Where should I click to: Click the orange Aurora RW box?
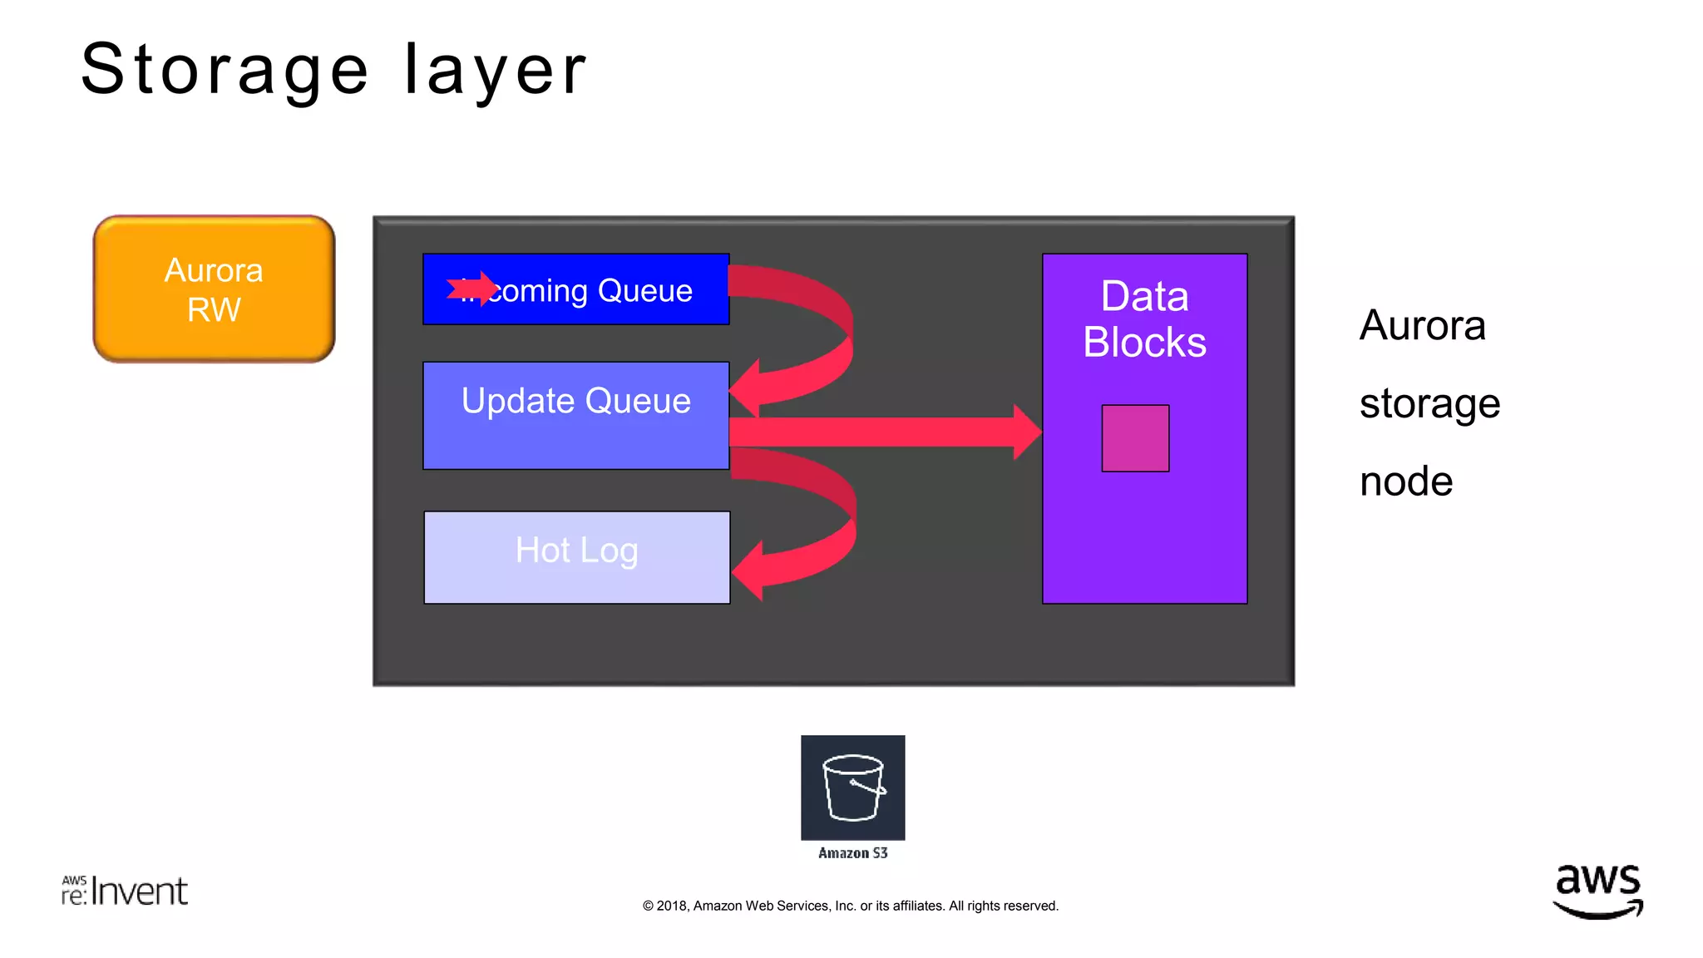point(214,289)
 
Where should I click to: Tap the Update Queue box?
point(575,415)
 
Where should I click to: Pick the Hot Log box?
point(576,556)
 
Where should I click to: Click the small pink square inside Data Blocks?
point(1135,438)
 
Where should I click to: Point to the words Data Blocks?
point(1144,319)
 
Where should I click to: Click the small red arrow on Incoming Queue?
point(471,289)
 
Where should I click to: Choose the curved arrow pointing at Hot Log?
point(823,524)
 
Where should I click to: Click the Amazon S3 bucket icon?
point(852,787)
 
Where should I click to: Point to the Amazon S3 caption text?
point(852,853)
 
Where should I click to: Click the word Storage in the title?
point(225,70)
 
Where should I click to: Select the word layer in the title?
point(496,72)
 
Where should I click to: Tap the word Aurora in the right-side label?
point(1422,325)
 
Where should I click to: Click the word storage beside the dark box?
point(1429,404)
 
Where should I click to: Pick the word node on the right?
point(1406,481)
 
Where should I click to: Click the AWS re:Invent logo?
point(125,891)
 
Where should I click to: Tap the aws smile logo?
point(1597,891)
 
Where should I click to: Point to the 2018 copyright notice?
point(850,906)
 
